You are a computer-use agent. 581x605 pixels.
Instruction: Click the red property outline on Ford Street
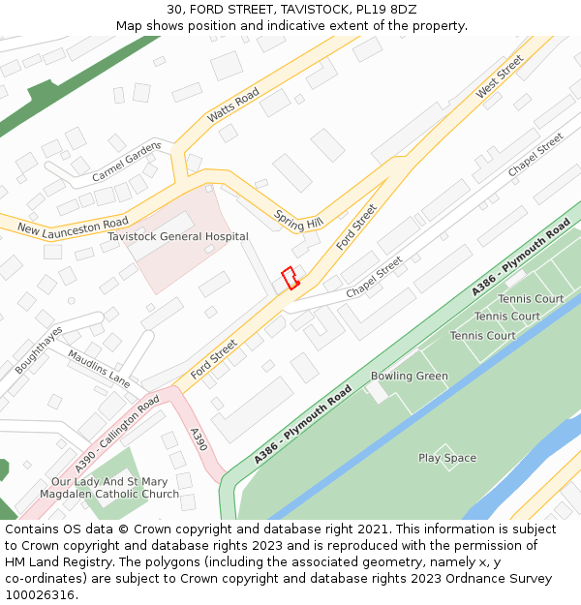289,277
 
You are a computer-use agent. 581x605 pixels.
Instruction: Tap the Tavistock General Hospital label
178,236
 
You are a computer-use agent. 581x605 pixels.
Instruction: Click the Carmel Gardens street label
126,163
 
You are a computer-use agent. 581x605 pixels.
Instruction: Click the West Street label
500,76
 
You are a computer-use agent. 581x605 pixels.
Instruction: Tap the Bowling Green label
410,376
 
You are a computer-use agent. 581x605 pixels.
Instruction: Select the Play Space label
447,458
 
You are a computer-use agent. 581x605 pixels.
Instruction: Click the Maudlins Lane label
99,368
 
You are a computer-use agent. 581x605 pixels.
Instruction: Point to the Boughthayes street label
39,349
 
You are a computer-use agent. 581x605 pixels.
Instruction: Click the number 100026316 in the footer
42,595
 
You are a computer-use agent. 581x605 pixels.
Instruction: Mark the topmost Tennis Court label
531,299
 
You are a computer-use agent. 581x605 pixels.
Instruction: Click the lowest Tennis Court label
482,336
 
